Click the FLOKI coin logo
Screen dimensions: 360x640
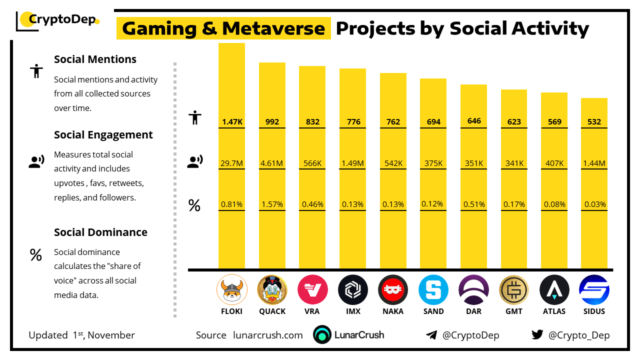coord(231,290)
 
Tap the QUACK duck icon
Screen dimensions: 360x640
coord(272,290)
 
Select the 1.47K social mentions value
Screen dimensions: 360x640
coord(231,122)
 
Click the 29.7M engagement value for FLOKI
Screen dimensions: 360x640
coord(231,163)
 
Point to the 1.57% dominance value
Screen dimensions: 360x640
coord(272,204)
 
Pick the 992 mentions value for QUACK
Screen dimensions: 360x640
coord(272,122)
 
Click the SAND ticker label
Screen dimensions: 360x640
coord(433,311)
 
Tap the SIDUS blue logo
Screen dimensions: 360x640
coord(594,290)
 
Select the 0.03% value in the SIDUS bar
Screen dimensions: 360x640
coord(595,204)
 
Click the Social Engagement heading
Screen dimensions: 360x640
coord(103,135)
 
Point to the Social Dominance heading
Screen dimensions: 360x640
coord(100,232)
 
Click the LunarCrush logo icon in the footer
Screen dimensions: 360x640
coord(322,335)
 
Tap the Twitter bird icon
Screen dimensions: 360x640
coord(537,334)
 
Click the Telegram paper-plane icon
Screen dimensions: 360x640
coord(431,335)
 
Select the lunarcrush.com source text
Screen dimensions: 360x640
coord(268,335)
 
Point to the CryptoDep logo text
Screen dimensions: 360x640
coord(62,20)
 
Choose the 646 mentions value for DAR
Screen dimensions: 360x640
coord(474,121)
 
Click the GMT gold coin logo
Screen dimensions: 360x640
coord(513,290)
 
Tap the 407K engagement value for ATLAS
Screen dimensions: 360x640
coord(554,163)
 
